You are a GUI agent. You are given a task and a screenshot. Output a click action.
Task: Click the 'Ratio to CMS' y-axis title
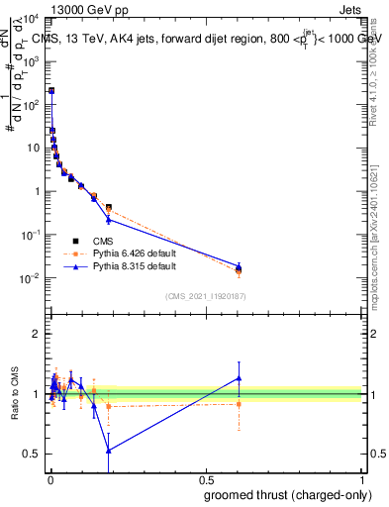click(14, 394)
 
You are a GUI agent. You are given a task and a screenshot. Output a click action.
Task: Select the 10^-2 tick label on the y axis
click(31, 278)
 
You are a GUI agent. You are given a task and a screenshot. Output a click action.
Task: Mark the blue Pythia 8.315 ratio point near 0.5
click(108, 450)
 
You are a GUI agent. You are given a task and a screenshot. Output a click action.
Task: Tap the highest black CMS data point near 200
click(51, 90)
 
